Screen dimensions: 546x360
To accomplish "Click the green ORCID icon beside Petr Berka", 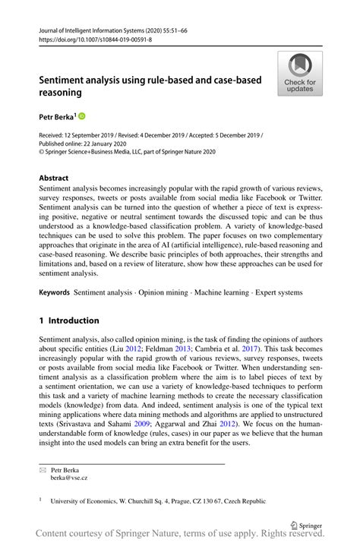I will [x=83, y=116].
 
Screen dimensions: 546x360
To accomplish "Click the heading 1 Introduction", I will [x=69, y=320].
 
